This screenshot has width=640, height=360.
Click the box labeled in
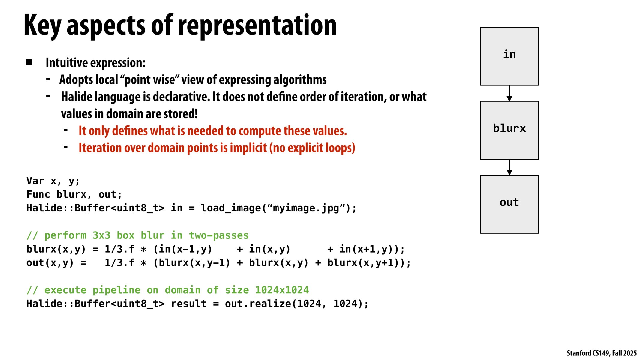[509, 56]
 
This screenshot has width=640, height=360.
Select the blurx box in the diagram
[509, 130]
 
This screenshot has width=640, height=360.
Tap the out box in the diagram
[509, 204]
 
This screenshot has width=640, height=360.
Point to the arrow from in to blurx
[509, 93]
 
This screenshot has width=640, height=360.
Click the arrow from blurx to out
[509, 167]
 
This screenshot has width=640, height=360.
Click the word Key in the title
[42, 25]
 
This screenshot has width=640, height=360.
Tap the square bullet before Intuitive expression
[29, 62]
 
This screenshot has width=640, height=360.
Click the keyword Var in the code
[35, 181]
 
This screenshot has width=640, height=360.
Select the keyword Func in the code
[38, 194]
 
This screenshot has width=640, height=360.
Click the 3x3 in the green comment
[101, 235]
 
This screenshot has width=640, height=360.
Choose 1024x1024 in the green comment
[282, 290]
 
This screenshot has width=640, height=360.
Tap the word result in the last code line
[189, 304]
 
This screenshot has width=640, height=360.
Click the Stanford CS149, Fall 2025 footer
[601, 353]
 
